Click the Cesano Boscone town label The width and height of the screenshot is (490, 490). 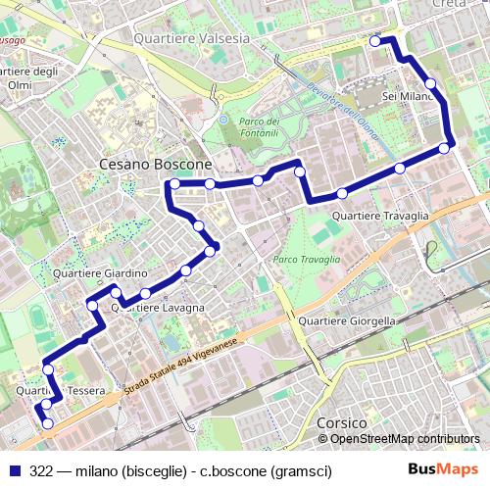coord(156,164)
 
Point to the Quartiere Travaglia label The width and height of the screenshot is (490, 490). coord(381,216)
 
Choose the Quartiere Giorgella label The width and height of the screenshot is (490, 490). coord(347,320)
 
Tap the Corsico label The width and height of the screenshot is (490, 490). coord(342,422)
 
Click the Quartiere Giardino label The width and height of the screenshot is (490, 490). coord(100,272)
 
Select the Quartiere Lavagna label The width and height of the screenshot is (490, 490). coord(158,308)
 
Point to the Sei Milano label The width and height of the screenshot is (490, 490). coord(408,97)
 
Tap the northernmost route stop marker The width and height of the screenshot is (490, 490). coord(375,41)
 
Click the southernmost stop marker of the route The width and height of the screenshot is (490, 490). coord(47,423)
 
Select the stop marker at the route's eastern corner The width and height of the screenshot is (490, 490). coord(445,148)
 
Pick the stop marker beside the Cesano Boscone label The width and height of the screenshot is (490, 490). coord(174,183)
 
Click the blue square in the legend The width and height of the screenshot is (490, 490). coord(15,471)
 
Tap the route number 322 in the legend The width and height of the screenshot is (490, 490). coord(41,471)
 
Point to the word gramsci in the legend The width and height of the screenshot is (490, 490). coord(303,471)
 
